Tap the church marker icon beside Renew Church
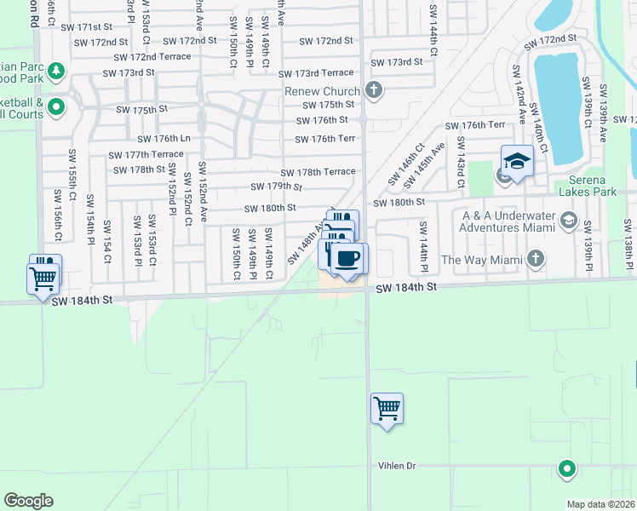click(x=373, y=90)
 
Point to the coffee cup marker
click(x=346, y=258)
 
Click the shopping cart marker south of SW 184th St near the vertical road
click(x=387, y=410)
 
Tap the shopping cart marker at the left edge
click(x=43, y=278)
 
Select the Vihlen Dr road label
click(x=398, y=466)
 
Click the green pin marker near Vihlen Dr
click(x=565, y=467)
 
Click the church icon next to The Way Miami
click(x=536, y=257)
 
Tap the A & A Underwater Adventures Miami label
click(x=509, y=222)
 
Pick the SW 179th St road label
click(x=277, y=187)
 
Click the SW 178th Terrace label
click(x=318, y=171)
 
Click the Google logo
click(x=29, y=501)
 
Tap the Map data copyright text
click(x=601, y=504)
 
